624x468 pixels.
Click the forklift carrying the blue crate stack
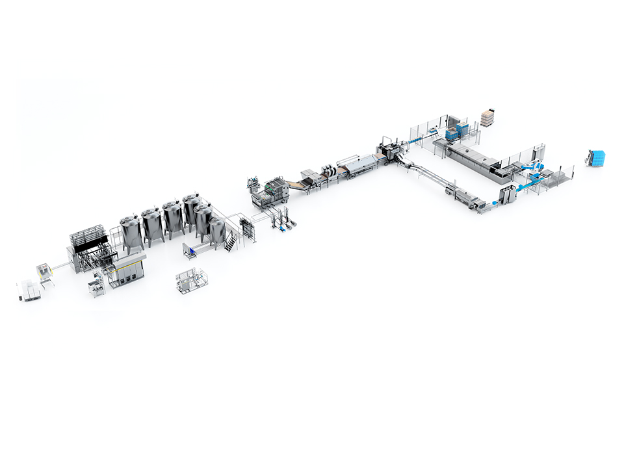tap(596, 157)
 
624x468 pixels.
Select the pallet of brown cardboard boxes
tap(487, 118)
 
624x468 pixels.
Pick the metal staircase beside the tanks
tap(231, 242)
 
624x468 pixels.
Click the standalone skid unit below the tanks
tap(191, 280)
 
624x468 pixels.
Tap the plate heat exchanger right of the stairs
tap(248, 229)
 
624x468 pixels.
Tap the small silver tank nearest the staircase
tap(217, 232)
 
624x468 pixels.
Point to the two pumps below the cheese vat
tap(284, 225)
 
